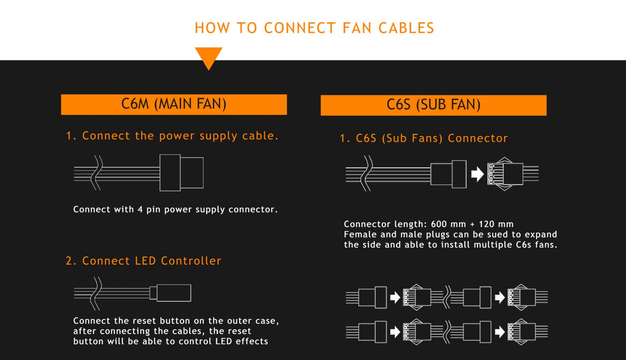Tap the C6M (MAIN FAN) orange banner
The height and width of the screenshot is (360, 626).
point(174,104)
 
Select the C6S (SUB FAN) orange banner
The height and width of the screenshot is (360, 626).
point(434,105)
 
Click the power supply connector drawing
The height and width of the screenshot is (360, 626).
point(181,173)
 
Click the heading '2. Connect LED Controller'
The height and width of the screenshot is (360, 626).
point(143,261)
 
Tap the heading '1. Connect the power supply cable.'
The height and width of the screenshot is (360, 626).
point(172,136)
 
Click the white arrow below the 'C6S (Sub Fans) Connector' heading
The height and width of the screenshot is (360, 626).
point(477,174)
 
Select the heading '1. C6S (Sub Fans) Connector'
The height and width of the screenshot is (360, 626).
point(424,138)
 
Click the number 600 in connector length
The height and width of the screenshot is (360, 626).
point(439,224)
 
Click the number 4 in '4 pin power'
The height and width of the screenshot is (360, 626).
point(140,209)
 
